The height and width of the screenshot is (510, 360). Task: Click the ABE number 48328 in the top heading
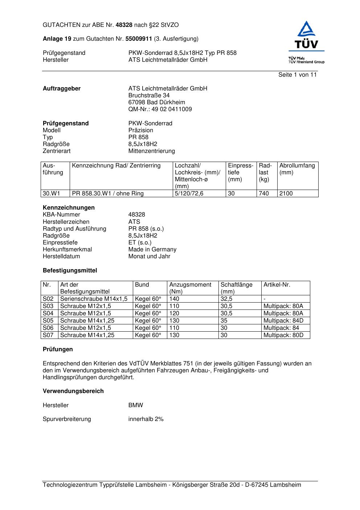[x=124, y=25]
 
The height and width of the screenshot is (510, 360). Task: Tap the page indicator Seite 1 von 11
[x=297, y=75]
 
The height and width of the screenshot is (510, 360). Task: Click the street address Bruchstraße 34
[x=149, y=96]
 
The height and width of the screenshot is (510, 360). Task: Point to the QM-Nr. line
[x=160, y=109]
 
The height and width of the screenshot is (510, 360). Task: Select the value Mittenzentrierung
[x=151, y=151]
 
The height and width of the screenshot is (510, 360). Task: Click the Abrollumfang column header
[x=297, y=169]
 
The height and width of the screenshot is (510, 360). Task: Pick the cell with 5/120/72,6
[x=189, y=194]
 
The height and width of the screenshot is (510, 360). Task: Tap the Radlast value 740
[x=264, y=194]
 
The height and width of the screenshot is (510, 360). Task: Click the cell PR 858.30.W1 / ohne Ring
[x=108, y=194]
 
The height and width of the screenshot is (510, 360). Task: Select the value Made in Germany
[x=152, y=250]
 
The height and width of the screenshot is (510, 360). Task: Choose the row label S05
[x=48, y=321]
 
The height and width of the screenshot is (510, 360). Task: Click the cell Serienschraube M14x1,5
[x=94, y=299]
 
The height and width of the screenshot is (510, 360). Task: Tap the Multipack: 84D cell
[x=283, y=321]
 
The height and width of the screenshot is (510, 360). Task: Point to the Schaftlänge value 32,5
[x=226, y=299]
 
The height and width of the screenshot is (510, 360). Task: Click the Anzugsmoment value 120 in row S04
[x=174, y=313]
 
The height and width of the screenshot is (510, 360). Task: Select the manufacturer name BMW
[x=135, y=405]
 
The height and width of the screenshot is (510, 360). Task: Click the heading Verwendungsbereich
[x=73, y=391]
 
